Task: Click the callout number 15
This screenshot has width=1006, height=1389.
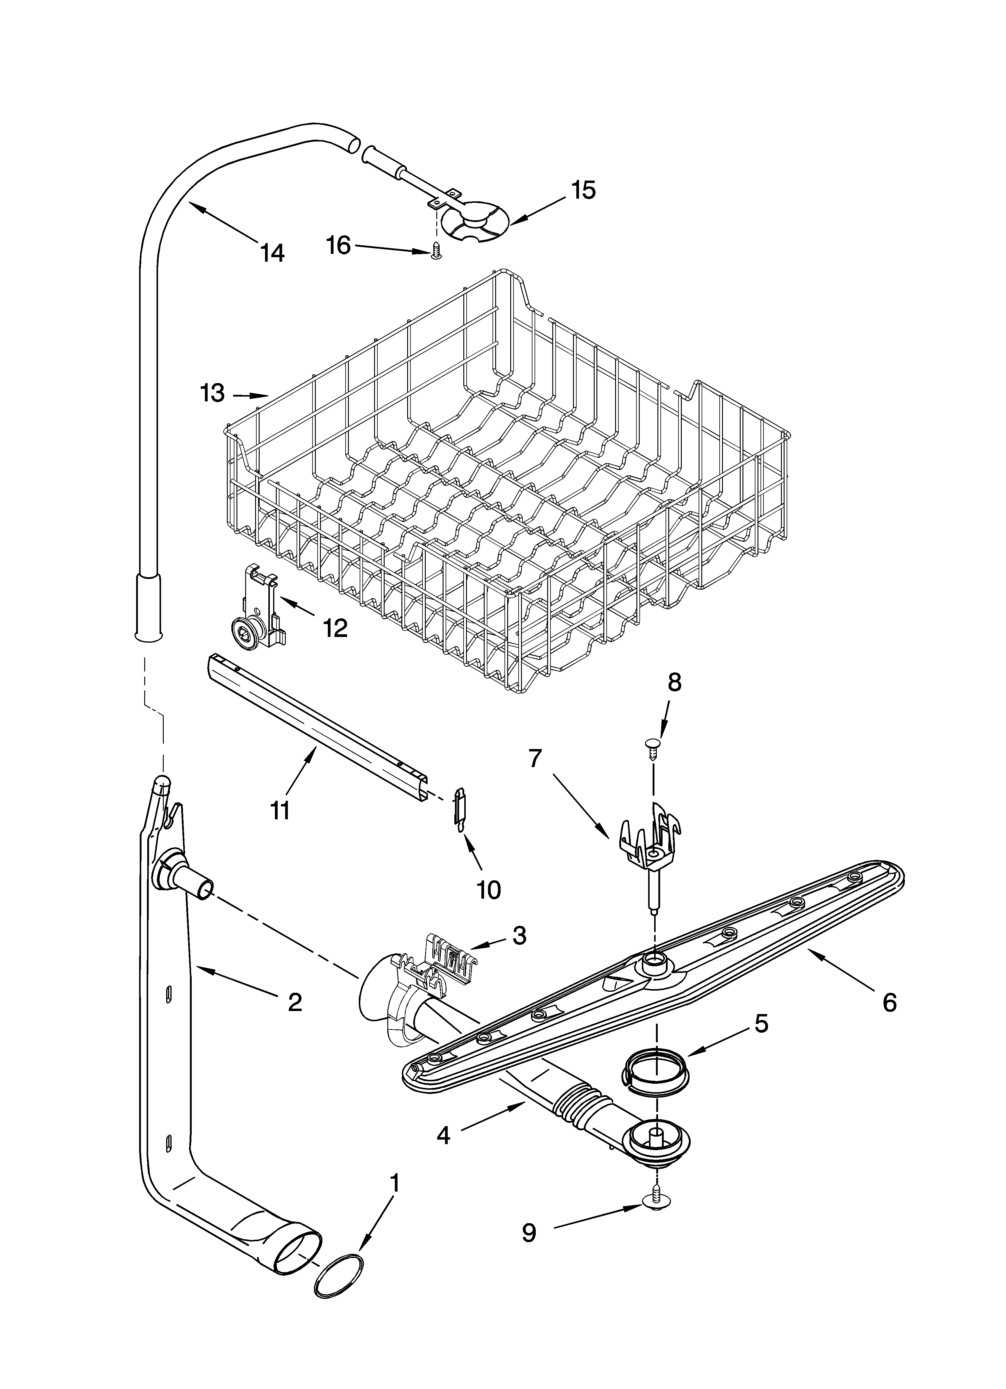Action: [x=583, y=190]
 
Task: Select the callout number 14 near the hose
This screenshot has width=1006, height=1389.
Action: [x=272, y=252]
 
